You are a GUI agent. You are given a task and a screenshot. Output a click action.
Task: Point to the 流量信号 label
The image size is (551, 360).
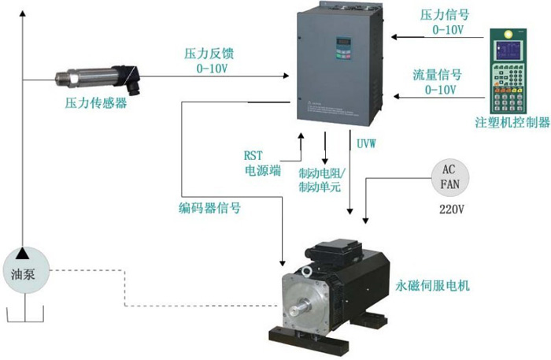(437, 76)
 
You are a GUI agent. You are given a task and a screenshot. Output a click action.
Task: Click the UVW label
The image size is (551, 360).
(366, 145)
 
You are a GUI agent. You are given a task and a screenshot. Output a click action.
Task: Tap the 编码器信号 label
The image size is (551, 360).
(209, 209)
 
